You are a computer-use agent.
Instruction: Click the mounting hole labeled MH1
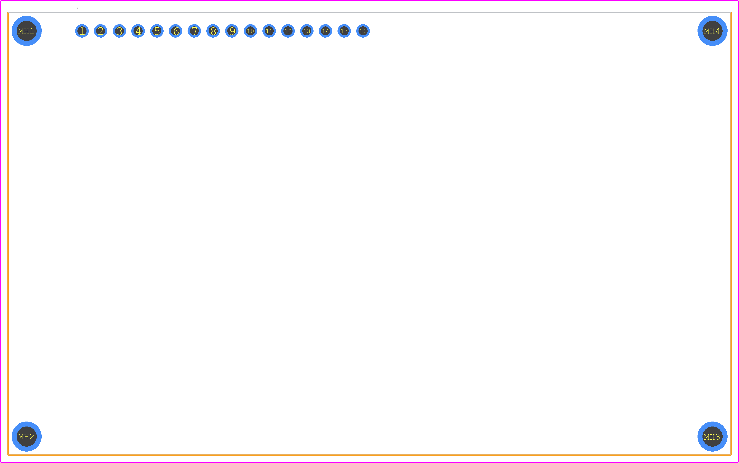(27, 31)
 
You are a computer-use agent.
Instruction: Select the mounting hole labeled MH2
(27, 437)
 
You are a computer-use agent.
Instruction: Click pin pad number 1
(82, 31)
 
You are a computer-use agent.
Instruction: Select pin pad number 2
(101, 31)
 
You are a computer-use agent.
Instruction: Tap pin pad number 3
(120, 31)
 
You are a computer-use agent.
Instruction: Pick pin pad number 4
(138, 31)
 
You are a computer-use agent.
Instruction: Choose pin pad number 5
(157, 31)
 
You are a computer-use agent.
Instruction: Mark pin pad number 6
(176, 31)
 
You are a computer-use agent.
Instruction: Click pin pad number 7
(194, 31)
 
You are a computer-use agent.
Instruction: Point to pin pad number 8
(213, 31)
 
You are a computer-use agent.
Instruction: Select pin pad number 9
(232, 31)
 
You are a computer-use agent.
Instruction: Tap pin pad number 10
(251, 31)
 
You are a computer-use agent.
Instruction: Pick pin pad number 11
(269, 31)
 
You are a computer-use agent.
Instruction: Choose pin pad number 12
(288, 31)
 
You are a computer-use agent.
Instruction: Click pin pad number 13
(307, 31)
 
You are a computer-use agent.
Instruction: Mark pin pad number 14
(325, 31)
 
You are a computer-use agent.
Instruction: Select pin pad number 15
(344, 31)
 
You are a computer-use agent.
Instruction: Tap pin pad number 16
(363, 31)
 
